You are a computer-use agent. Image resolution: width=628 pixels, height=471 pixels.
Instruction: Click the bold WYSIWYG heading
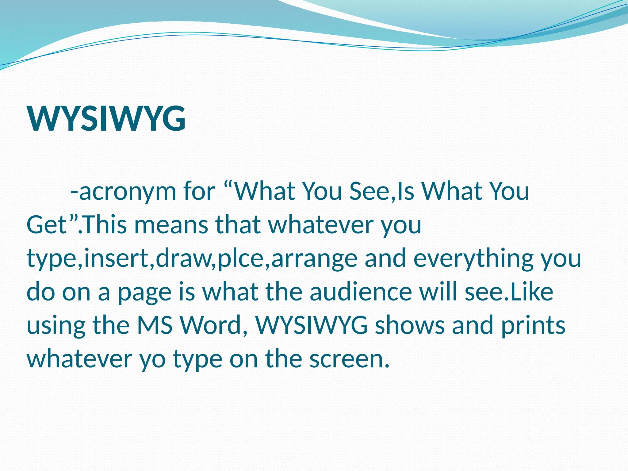(106, 119)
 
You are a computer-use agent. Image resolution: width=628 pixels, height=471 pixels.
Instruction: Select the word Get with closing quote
(52, 224)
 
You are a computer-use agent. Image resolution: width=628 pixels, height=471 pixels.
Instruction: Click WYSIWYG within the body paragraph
(311, 325)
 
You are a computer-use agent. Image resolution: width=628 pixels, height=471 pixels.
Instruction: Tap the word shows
(410, 325)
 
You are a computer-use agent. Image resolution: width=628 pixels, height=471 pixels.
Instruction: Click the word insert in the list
(119, 258)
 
